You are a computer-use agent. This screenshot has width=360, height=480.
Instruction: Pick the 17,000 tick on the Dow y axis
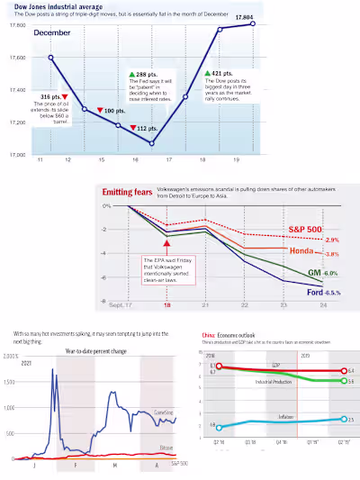click(15, 154)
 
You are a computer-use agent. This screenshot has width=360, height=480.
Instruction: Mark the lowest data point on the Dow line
click(151, 143)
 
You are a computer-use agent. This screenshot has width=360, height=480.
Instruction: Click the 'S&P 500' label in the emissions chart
click(306, 230)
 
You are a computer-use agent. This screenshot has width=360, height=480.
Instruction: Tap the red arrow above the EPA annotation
click(166, 242)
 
